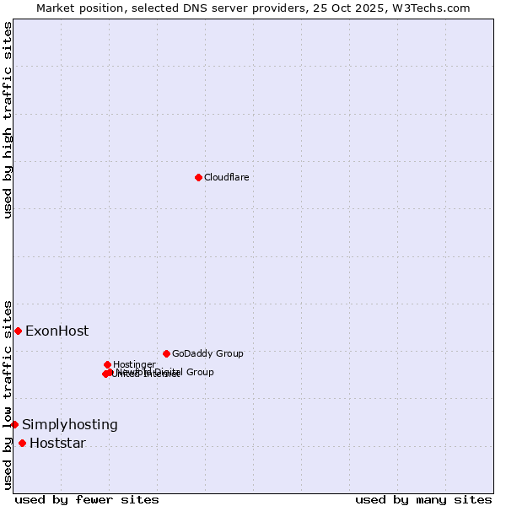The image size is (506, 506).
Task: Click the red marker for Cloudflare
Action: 198,177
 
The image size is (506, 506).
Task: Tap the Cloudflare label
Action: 226,177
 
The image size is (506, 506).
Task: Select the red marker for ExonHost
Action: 18,331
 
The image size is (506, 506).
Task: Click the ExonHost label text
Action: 57,331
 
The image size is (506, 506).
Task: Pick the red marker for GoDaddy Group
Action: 166,353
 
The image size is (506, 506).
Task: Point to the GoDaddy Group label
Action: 207,353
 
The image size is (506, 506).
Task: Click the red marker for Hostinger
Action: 107,364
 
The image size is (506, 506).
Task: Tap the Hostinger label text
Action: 134,364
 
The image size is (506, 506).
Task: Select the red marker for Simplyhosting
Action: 14,424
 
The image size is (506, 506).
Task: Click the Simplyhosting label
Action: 70,425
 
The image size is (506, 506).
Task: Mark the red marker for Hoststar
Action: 22,443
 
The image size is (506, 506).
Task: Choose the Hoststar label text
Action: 57,444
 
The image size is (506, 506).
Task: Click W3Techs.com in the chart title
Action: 434,8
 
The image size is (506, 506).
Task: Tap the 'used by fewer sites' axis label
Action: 87,499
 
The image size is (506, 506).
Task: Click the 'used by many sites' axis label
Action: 423,499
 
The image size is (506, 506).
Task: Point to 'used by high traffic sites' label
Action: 8,120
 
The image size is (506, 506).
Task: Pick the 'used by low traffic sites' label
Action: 8,394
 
